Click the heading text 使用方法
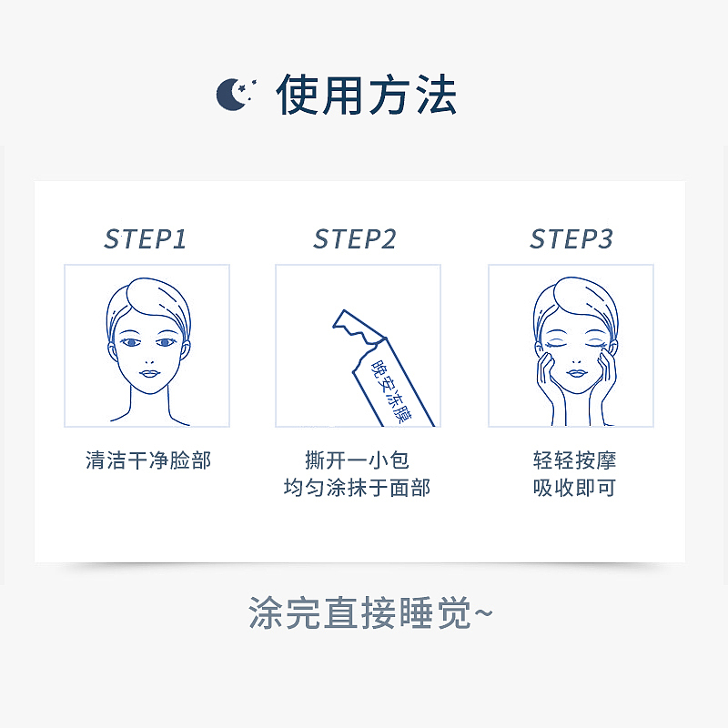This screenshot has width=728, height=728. point(366,95)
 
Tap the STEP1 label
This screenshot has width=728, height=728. point(145,239)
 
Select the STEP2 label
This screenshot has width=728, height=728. point(355,239)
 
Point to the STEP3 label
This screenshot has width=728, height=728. point(571,239)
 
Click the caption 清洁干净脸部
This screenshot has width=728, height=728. point(147,460)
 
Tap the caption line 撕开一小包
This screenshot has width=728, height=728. point(357,460)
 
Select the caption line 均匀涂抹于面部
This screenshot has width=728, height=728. point(357,489)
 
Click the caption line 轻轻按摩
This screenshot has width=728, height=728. point(574,460)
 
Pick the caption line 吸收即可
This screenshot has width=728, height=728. point(574,489)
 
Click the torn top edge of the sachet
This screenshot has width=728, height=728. point(358,326)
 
